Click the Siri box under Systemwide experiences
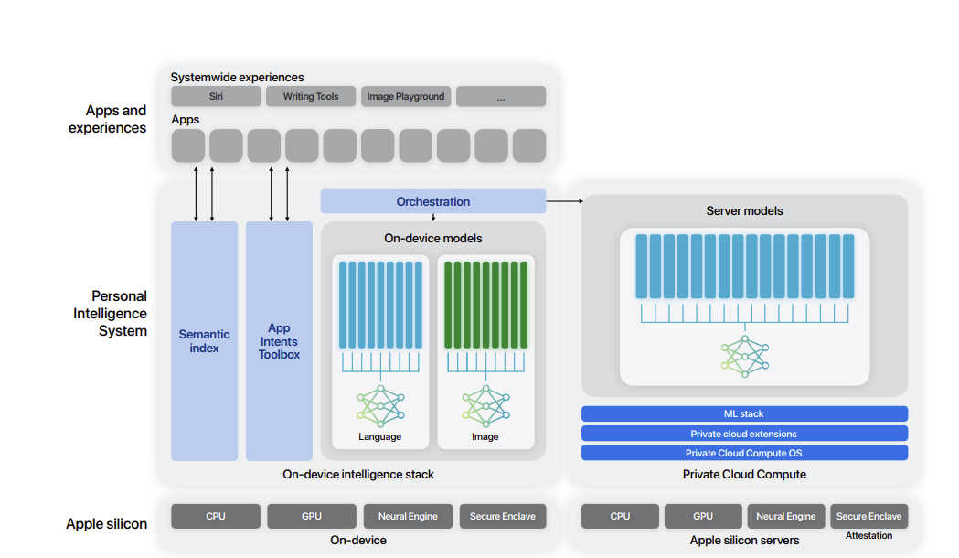[x=216, y=96]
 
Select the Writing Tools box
[x=311, y=96]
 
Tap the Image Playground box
[x=406, y=96]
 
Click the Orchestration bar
[x=433, y=201]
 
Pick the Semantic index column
[x=204, y=341]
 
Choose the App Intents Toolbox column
[x=279, y=341]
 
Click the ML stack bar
[x=744, y=413]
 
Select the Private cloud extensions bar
[x=744, y=434]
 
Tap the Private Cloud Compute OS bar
[x=744, y=453]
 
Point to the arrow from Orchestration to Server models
[x=564, y=200]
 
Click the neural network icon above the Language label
[x=380, y=405]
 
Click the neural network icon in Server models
[x=744, y=356]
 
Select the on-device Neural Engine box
[x=408, y=517]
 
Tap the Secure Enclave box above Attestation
[x=869, y=517]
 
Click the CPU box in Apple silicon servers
[x=620, y=517]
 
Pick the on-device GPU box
[x=312, y=517]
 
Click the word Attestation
[x=869, y=535]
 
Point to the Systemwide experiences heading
[x=238, y=77]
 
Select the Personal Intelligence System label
[x=110, y=313]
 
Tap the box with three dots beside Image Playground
[x=501, y=96]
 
